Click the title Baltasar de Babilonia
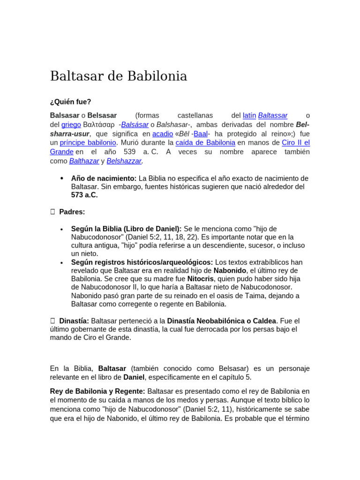point(119,76)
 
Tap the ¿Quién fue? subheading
point(71,102)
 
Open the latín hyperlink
point(249,115)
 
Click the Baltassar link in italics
point(273,115)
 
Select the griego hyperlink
point(71,124)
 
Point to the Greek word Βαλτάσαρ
point(99,124)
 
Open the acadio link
point(163,134)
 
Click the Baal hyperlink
point(201,134)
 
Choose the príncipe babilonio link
point(88,142)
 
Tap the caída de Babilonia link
point(205,142)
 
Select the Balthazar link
point(84,161)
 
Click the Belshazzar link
point(124,161)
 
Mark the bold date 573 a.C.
point(84,195)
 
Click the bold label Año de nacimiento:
point(104,178)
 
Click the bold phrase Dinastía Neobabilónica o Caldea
point(222,321)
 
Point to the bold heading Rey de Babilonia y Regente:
point(97,391)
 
